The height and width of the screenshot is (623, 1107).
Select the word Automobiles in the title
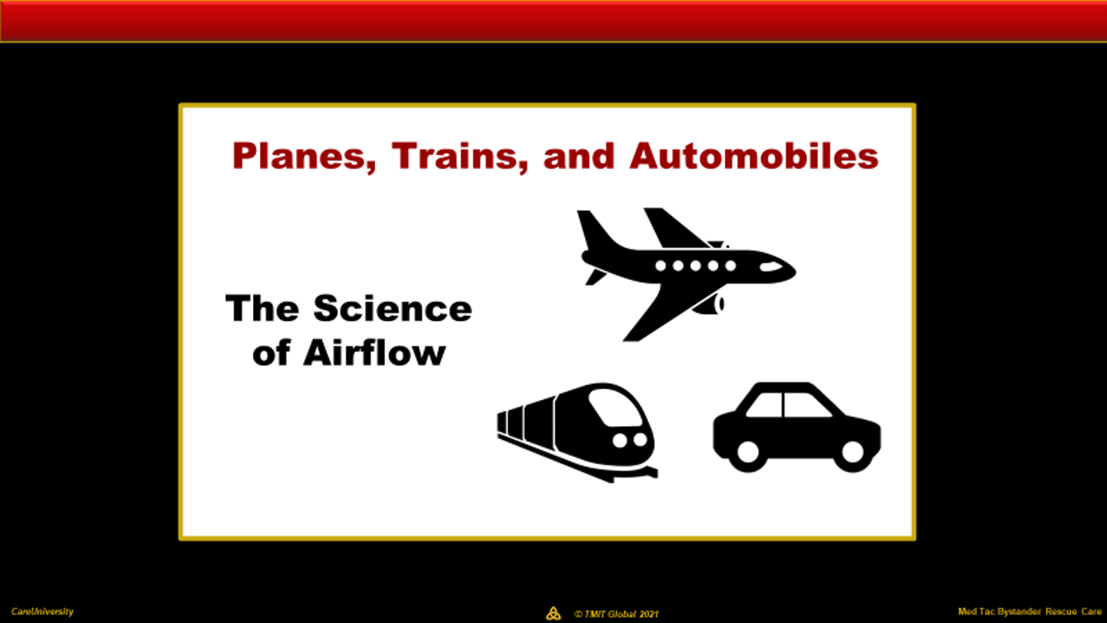(x=754, y=156)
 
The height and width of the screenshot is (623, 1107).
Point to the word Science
(x=393, y=308)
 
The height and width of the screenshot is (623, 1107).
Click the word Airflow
(x=374, y=353)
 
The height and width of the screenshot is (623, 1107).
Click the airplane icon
(x=686, y=275)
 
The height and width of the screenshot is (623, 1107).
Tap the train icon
(x=577, y=432)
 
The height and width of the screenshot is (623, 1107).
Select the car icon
(x=796, y=427)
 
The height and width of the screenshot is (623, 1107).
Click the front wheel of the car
(x=853, y=451)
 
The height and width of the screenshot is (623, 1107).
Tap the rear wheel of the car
(x=748, y=451)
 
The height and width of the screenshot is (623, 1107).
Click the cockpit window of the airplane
(x=771, y=267)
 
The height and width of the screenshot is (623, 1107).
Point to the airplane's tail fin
(x=596, y=231)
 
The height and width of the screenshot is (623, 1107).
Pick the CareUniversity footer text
(x=42, y=611)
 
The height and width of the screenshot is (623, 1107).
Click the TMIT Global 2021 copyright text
(x=617, y=614)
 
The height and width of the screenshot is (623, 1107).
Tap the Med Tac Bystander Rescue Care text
(x=1030, y=611)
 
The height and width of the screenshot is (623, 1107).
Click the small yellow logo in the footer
(x=553, y=613)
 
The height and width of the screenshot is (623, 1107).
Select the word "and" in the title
(x=579, y=156)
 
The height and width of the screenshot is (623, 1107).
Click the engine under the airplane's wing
(x=709, y=304)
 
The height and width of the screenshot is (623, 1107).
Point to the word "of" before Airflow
(x=271, y=353)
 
